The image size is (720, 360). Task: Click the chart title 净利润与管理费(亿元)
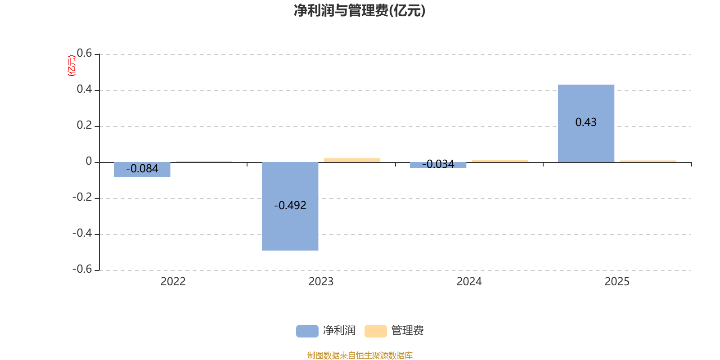pos(360,11)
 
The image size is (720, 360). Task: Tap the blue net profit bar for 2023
pos(290,225)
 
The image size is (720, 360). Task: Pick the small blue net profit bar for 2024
pos(438,166)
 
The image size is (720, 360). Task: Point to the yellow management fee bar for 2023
pos(352,160)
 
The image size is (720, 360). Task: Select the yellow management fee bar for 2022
pos(204,161)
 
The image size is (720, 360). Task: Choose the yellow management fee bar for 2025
pos(648,161)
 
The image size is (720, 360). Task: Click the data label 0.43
pos(586,122)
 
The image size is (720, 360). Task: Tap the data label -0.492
pos(290,206)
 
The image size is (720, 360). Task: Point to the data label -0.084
pos(142,169)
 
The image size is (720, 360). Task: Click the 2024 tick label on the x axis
pos(469,282)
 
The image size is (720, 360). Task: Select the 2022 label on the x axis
pos(173,282)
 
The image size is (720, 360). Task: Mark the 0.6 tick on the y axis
pos(84,54)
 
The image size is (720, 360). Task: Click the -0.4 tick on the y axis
pos(82,233)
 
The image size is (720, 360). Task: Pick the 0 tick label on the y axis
pos(89,162)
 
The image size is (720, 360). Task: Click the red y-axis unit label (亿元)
pos(72,66)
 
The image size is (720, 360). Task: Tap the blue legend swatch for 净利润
pos(307,331)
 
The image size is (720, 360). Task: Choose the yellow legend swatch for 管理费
pos(375,331)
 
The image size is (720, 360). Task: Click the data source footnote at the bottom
pos(360,355)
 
